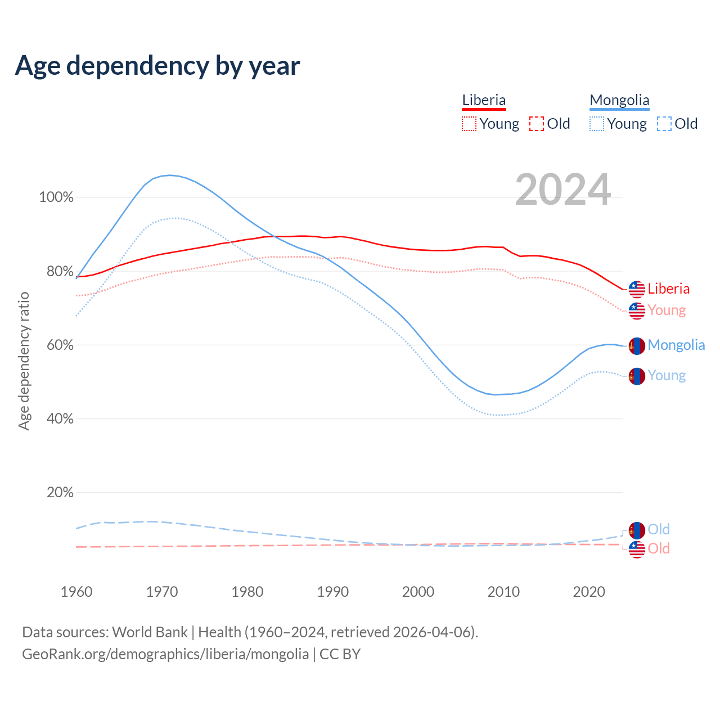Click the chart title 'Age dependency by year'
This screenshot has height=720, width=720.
157,65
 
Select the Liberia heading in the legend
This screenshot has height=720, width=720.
484,100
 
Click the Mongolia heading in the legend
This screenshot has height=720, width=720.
619,100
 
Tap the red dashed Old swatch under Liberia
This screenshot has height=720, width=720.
537,124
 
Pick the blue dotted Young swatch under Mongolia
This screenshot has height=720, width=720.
597,124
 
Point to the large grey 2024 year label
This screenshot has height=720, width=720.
562,190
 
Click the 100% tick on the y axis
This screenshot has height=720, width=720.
56,197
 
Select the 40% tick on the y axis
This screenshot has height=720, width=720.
60,419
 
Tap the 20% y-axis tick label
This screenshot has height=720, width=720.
60,493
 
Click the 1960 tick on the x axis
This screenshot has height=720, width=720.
76,592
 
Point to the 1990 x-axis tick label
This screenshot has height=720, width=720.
332,592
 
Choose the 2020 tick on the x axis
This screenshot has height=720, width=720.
588,592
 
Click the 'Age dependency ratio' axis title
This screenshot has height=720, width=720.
24,361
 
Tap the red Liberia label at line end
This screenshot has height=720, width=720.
668,289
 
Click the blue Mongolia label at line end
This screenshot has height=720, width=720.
676,345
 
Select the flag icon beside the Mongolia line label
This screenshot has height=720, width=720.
637,346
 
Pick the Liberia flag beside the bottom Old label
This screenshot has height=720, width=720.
637,550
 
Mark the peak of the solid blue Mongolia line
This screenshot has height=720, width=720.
170,175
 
